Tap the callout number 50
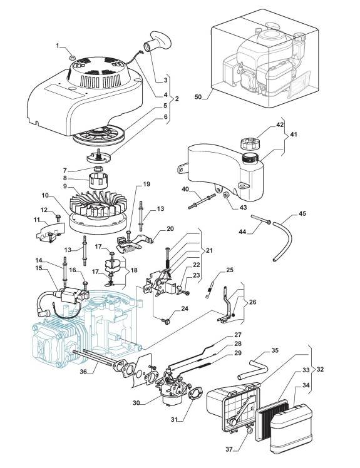(x=198, y=97)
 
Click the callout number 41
(x=294, y=135)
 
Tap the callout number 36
(x=83, y=372)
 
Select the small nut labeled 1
(x=72, y=56)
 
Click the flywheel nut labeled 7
(x=98, y=169)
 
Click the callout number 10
(x=45, y=195)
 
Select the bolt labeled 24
(x=165, y=321)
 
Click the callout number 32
(x=320, y=369)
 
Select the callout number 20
(x=170, y=228)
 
